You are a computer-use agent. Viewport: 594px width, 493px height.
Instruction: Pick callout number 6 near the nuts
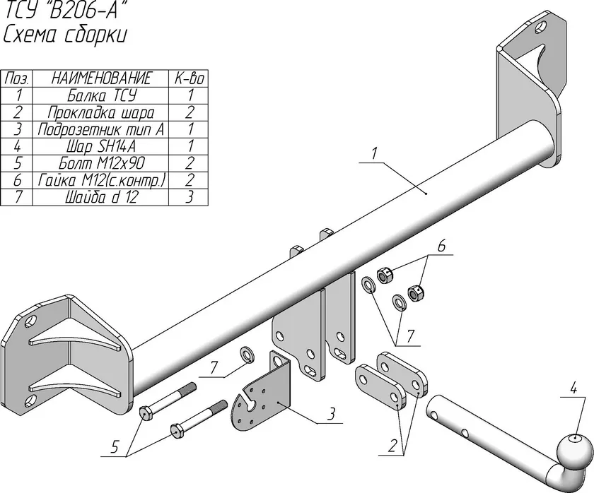pyautogui.click(x=441, y=248)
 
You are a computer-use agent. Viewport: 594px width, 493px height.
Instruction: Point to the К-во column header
pyautogui.click(x=190, y=78)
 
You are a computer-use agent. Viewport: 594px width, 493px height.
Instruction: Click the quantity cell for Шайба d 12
pyautogui.click(x=190, y=198)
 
